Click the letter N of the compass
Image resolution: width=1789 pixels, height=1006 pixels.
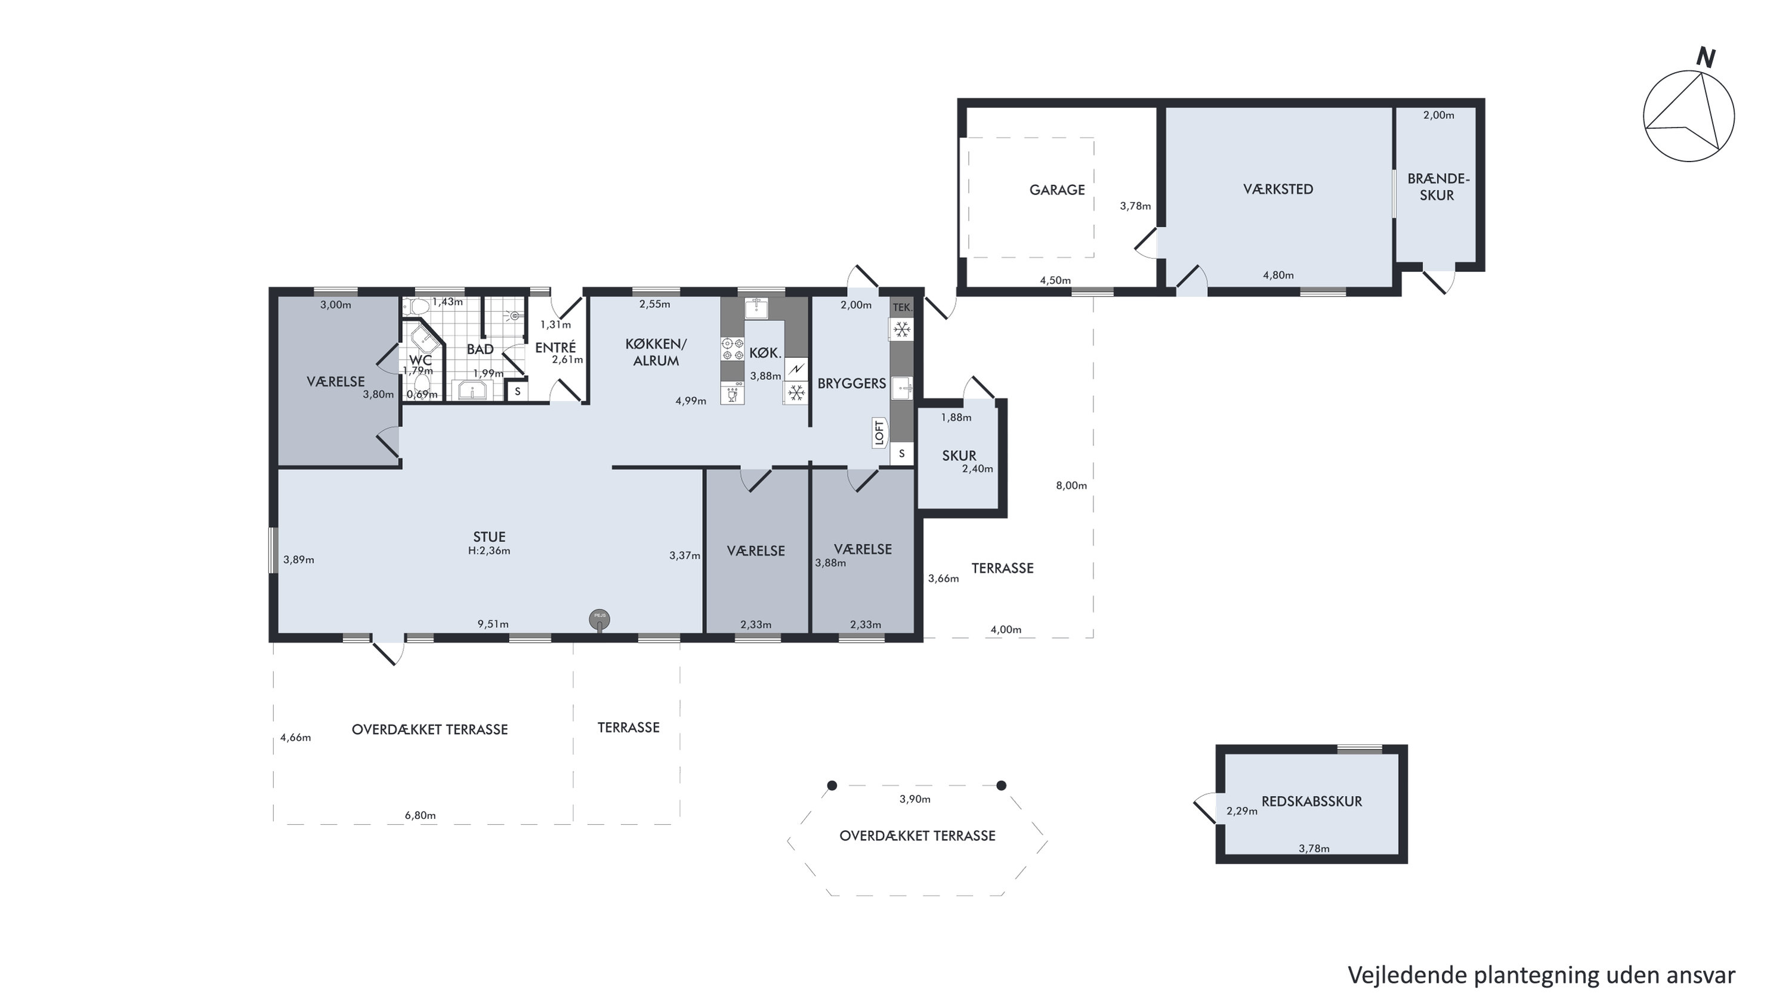[x=1705, y=58]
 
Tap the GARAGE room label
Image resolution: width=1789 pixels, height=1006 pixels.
[x=1056, y=190]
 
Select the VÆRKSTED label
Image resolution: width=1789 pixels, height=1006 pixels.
[x=1278, y=189]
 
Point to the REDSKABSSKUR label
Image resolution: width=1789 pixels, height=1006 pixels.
[x=1311, y=801]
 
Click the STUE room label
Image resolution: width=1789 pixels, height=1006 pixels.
[x=489, y=537]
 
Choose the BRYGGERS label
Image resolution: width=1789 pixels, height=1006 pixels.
[x=851, y=383]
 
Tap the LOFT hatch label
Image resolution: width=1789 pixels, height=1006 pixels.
[x=880, y=432]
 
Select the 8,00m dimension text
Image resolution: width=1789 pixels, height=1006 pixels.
[x=1071, y=485]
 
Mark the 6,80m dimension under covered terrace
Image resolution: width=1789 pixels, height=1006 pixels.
[x=420, y=815]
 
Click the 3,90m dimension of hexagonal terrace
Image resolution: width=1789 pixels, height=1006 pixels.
[x=914, y=799]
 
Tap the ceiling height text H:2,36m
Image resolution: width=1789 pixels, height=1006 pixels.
[x=489, y=550]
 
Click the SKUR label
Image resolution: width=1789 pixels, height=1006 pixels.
[x=959, y=456]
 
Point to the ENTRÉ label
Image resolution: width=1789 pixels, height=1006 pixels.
[x=555, y=347]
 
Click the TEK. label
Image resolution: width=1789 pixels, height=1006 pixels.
[x=901, y=308]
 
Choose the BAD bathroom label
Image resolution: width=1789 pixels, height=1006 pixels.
[x=480, y=349]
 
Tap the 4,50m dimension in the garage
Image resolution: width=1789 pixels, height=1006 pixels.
[x=1055, y=280]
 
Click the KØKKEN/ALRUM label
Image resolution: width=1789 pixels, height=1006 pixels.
[x=656, y=352]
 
